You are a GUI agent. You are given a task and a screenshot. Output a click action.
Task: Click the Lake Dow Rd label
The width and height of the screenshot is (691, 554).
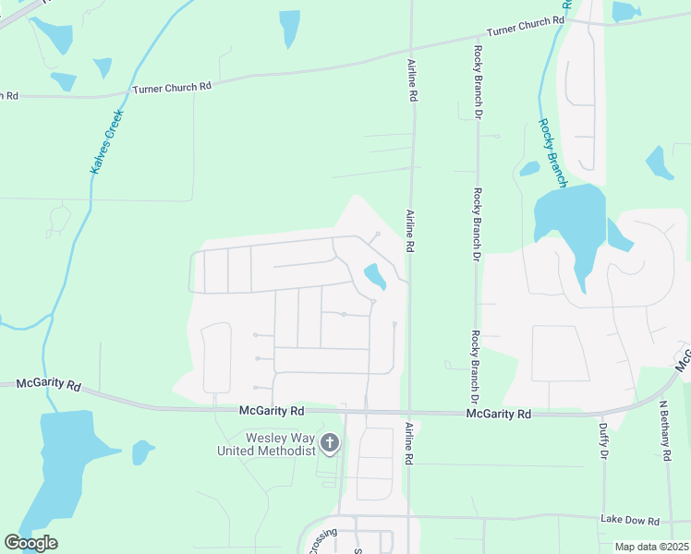pyautogui.click(x=628, y=520)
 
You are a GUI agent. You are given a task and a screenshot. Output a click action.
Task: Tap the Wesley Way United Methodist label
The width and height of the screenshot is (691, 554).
pyautogui.click(x=267, y=444)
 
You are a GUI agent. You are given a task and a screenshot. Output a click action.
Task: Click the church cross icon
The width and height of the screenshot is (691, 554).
pyautogui.click(x=330, y=445)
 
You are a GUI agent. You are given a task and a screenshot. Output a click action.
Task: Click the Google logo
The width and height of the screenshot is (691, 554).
pyautogui.click(x=30, y=543)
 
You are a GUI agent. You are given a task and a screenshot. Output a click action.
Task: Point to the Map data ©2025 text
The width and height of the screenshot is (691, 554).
pyautogui.click(x=651, y=547)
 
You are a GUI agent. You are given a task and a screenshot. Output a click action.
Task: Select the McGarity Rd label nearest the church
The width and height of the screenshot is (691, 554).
pyautogui.click(x=272, y=411)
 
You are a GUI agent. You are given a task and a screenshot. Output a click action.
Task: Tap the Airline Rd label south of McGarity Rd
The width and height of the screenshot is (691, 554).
pyautogui.click(x=409, y=443)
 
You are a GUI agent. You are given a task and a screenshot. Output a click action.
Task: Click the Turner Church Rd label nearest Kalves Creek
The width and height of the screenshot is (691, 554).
pyautogui.click(x=172, y=87)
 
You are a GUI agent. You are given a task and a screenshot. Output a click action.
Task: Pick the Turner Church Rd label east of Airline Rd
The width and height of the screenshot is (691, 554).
pyautogui.click(x=525, y=26)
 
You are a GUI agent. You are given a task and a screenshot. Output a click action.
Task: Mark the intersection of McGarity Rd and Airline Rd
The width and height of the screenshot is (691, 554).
pyautogui.click(x=409, y=414)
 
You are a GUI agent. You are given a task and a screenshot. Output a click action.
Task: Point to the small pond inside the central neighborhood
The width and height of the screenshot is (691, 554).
pyautogui.click(x=375, y=275)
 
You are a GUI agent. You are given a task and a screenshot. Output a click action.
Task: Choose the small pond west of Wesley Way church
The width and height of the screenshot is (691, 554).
pyautogui.click(x=142, y=452)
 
